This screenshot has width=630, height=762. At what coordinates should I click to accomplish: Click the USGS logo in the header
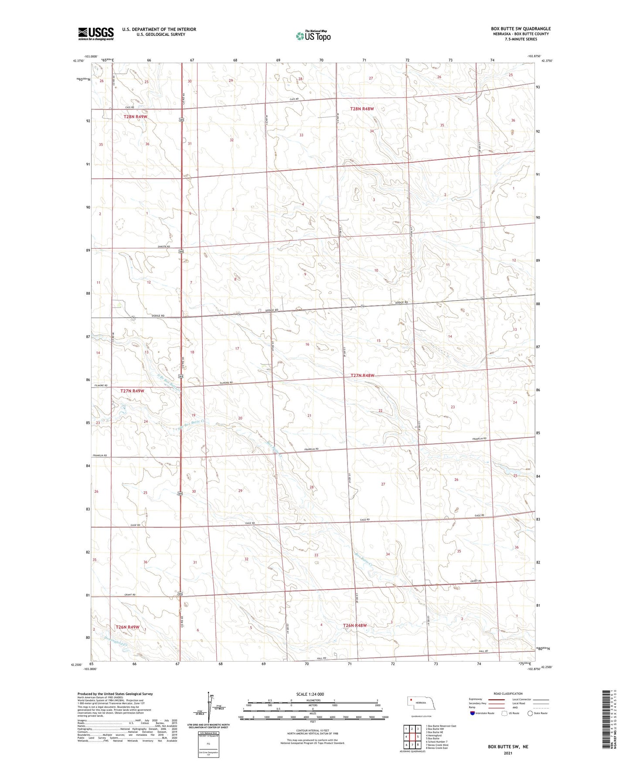click(96, 33)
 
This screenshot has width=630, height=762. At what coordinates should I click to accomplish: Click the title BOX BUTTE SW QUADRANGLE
click(521, 29)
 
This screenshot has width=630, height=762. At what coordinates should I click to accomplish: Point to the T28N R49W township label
click(136, 117)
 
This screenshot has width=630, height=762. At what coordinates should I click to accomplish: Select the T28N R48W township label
click(362, 109)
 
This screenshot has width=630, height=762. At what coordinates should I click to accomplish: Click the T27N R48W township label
click(362, 376)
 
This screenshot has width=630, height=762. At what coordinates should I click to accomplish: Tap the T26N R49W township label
click(127, 627)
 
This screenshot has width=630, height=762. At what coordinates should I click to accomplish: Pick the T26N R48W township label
click(355, 625)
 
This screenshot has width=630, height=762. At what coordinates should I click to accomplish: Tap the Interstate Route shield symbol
click(473, 713)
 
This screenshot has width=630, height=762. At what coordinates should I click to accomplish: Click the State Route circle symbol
click(530, 713)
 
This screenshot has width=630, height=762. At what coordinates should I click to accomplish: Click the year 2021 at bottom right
click(508, 753)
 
